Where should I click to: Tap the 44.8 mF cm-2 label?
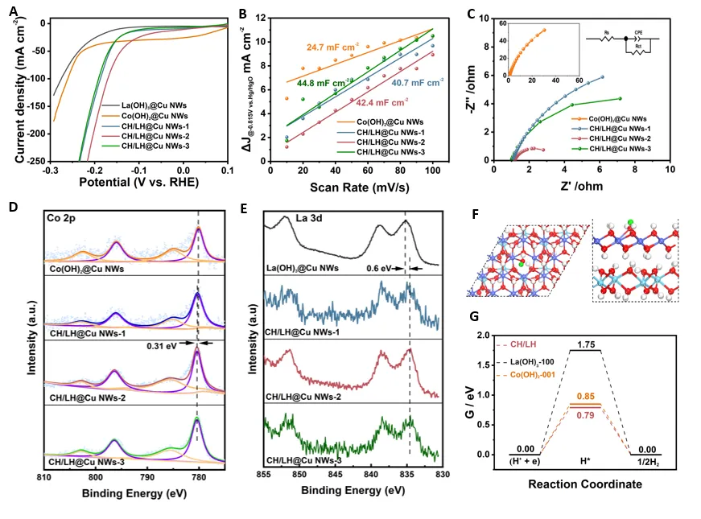pyautogui.click(x=326, y=83)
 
